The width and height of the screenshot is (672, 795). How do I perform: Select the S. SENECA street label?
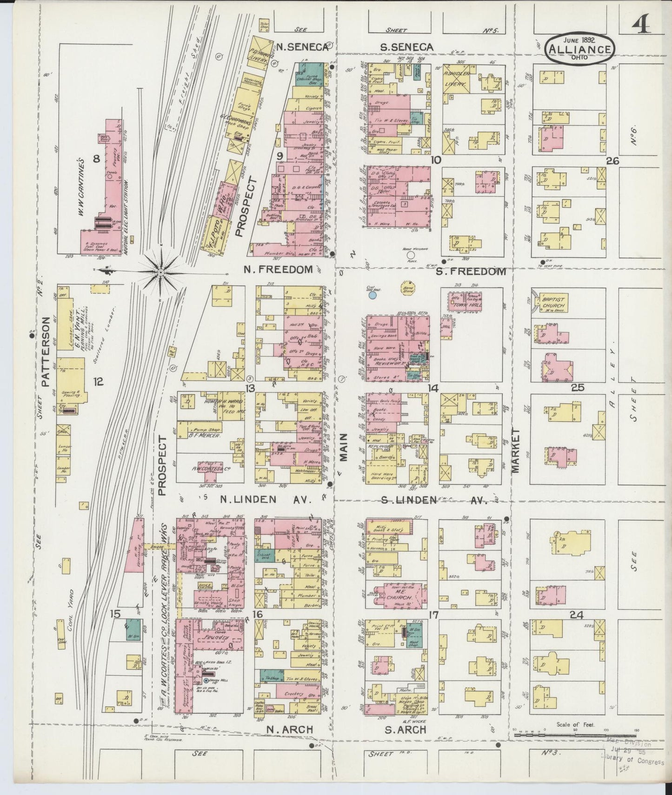point(407,47)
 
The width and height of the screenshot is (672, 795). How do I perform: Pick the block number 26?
point(613,161)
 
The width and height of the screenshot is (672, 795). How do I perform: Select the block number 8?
point(97,159)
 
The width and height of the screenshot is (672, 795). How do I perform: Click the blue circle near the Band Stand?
point(373,294)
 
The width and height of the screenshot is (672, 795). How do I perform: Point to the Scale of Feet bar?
point(574,735)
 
